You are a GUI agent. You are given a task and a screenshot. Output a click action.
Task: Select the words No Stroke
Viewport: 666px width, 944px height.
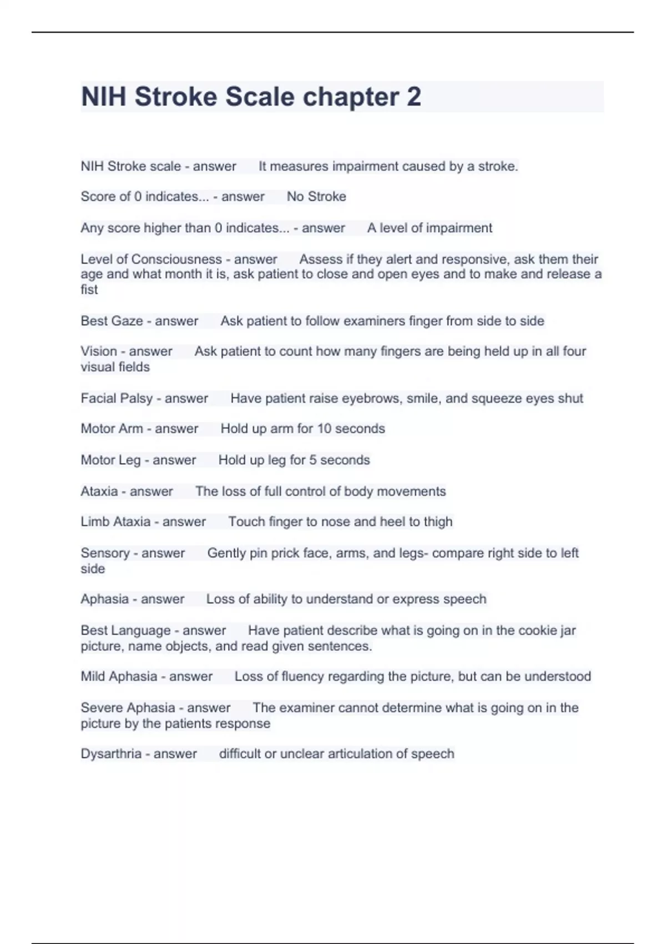316,197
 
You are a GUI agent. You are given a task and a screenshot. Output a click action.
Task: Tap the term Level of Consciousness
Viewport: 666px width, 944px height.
151,259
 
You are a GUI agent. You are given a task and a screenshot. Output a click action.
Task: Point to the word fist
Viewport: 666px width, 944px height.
89,289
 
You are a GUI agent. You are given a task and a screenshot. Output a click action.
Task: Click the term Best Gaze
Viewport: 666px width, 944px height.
112,321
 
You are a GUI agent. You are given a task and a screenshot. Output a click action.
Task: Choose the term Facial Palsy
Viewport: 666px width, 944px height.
117,398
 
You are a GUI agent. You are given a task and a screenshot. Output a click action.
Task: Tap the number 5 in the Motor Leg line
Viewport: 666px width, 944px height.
312,460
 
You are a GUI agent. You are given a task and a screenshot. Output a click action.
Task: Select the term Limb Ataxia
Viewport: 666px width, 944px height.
115,521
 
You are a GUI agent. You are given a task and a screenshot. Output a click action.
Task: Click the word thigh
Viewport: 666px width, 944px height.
438,521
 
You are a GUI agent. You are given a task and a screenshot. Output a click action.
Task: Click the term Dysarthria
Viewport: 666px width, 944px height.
111,754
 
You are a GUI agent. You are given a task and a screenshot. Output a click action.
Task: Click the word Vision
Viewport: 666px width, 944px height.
99,351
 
